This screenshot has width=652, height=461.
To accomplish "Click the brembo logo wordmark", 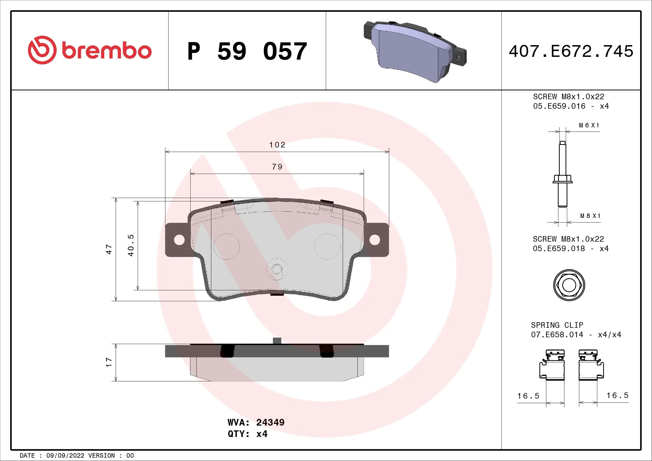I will pyautogui.click(x=106, y=51).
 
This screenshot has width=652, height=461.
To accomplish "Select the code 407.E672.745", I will pyautogui.click(x=571, y=51).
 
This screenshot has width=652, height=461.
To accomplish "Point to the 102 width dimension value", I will pyautogui.click(x=277, y=145).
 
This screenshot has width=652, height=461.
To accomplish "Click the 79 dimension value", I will pyautogui.click(x=277, y=167).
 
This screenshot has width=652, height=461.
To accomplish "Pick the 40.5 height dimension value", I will pyautogui.click(x=131, y=245).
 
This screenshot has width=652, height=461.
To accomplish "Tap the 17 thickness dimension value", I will pyautogui.click(x=109, y=362).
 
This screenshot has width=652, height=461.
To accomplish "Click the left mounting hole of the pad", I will pyautogui.click(x=179, y=240).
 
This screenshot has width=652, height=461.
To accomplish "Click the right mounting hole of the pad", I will pyautogui.click(x=375, y=240).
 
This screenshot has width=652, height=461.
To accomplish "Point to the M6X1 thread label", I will pyautogui.click(x=589, y=125).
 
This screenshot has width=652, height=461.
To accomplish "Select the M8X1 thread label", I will pyautogui.click(x=590, y=216).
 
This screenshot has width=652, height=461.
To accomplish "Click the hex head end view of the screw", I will pyautogui.click(x=569, y=285).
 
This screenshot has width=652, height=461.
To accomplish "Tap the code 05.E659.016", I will pyautogui.click(x=559, y=106).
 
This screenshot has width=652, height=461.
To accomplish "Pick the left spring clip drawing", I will pyautogui.click(x=552, y=365).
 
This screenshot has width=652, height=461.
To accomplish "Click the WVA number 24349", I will pyautogui.click(x=270, y=422).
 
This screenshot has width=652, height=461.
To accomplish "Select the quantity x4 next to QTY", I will pyautogui.click(x=262, y=434).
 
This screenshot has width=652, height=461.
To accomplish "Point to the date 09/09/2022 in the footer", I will pyautogui.click(x=65, y=456).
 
